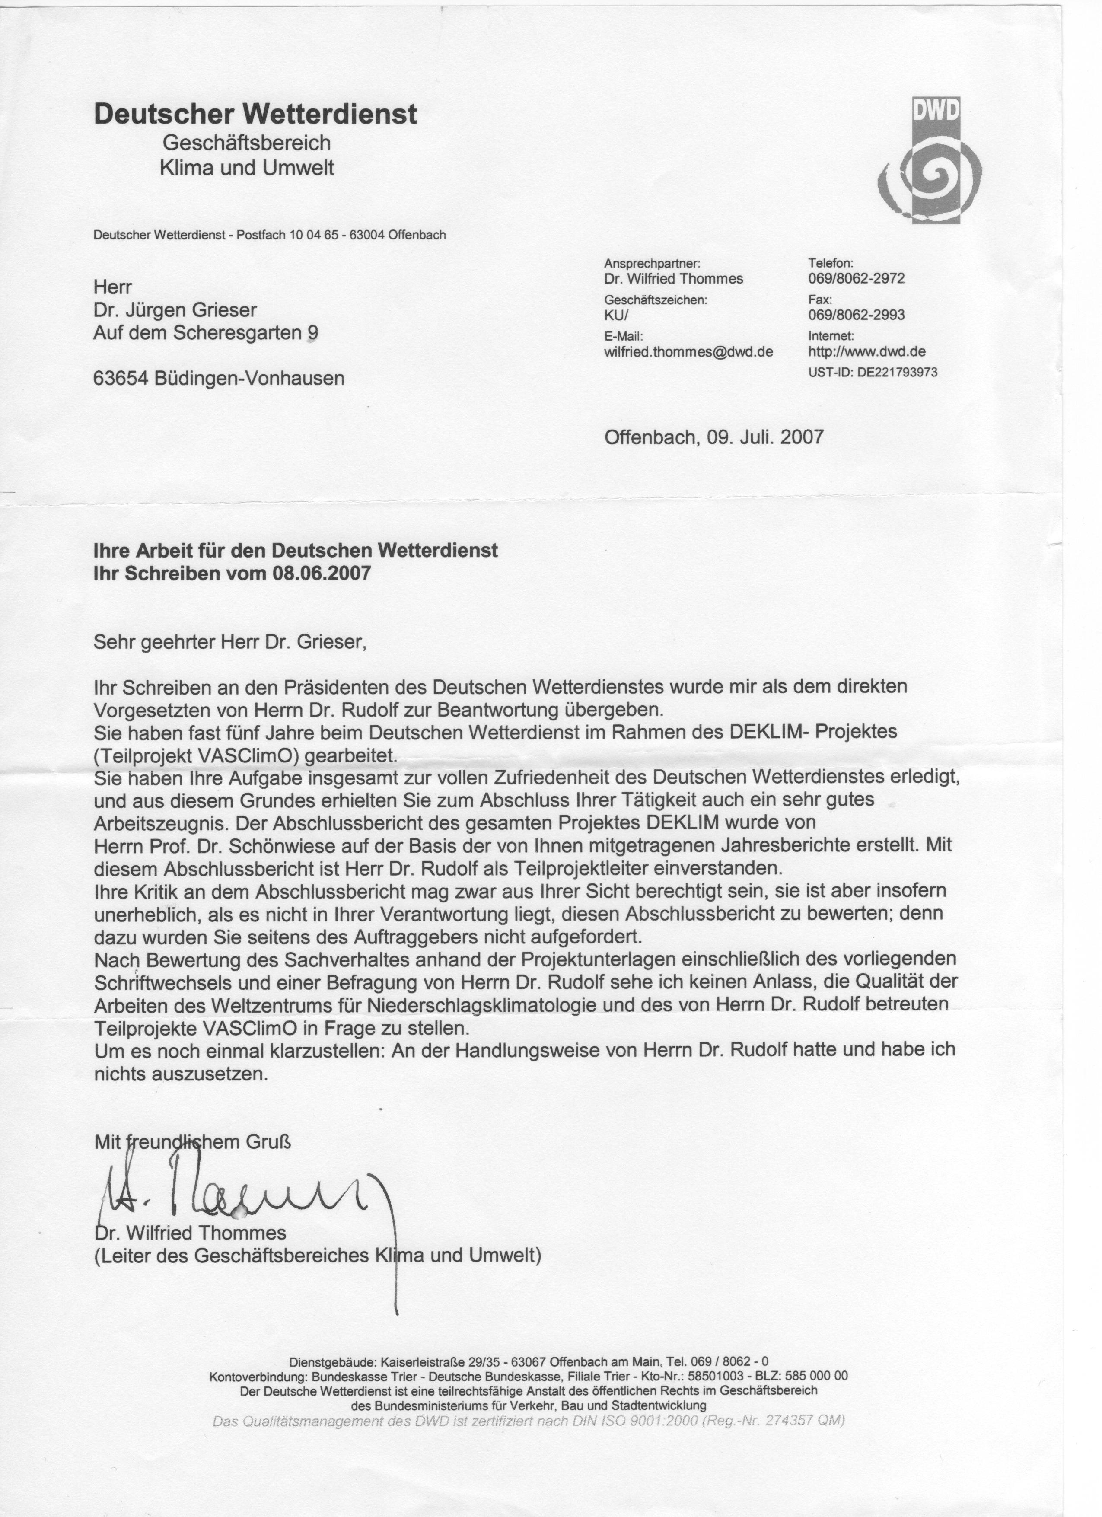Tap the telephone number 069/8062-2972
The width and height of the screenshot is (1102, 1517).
tap(856, 278)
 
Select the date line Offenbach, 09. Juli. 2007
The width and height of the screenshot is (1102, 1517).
tap(713, 437)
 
